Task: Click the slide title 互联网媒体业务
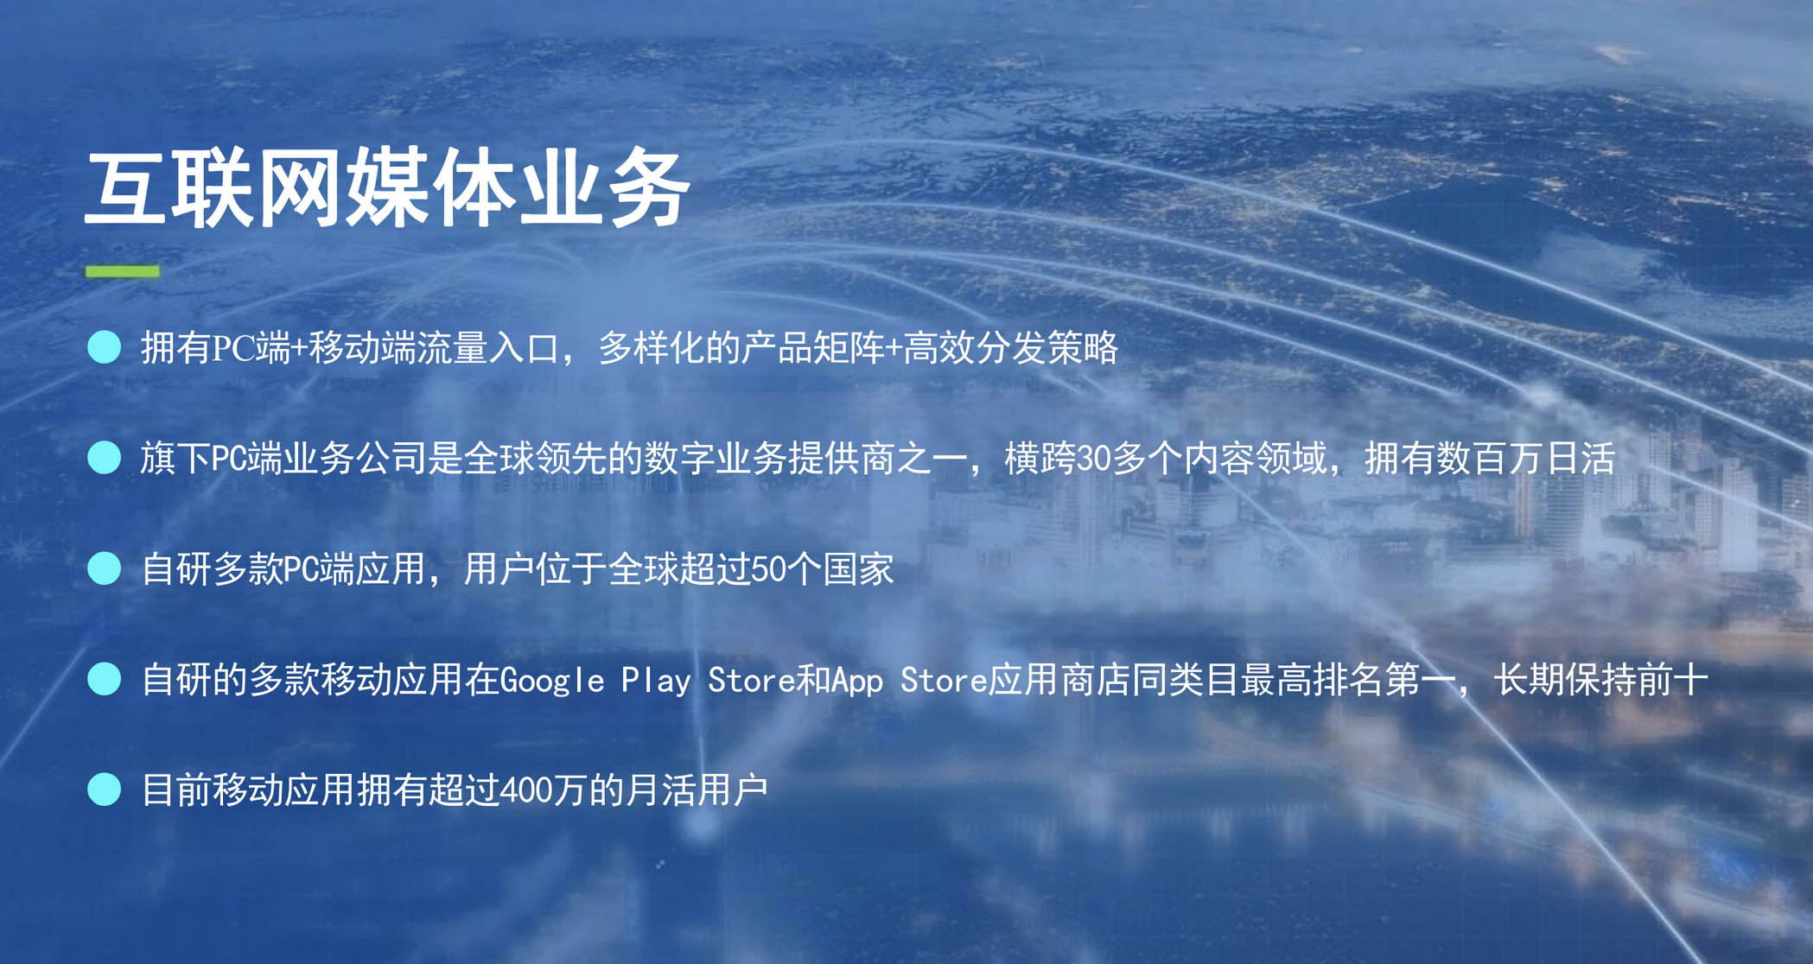click(x=386, y=187)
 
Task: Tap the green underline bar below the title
click(x=122, y=271)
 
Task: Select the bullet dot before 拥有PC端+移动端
click(x=105, y=347)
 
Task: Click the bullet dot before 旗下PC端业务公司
click(x=105, y=458)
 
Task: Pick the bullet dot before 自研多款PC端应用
click(x=105, y=568)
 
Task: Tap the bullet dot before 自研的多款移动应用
click(x=105, y=679)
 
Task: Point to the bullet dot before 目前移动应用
click(x=105, y=790)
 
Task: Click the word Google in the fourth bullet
click(x=551, y=681)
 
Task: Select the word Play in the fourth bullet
click(x=656, y=681)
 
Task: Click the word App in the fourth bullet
click(x=856, y=681)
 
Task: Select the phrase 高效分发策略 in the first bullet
click(x=1011, y=348)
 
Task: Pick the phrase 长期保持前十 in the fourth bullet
click(x=1600, y=680)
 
